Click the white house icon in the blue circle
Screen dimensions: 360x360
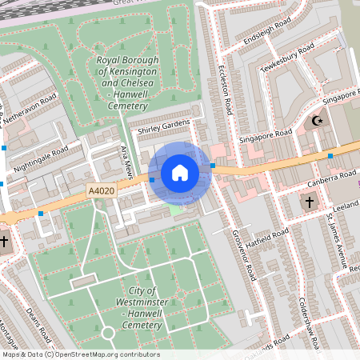(180, 172)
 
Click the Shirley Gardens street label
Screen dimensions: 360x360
(165, 126)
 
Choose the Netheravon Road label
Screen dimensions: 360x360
(30, 112)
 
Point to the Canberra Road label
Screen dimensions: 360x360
(330, 179)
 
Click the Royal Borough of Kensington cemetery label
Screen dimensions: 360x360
(126, 83)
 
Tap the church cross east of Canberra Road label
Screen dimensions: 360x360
(310, 203)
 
